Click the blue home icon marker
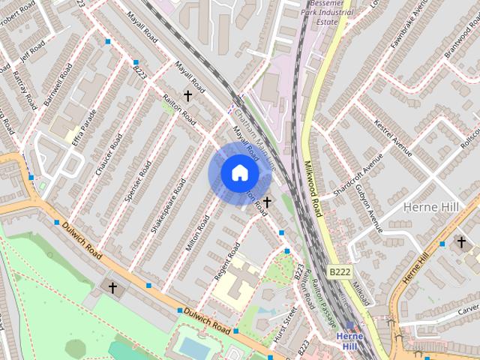238,172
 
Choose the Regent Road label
226,260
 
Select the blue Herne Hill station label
349,341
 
